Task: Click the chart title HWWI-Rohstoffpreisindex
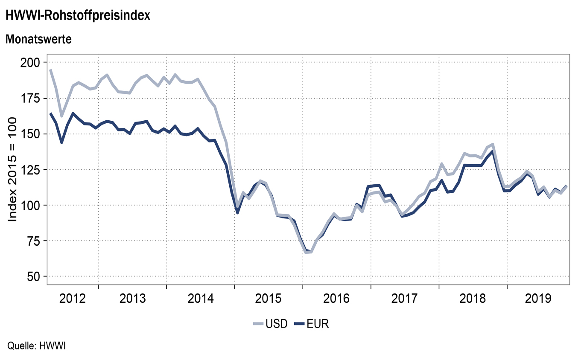click(x=77, y=16)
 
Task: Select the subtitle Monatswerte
click(x=38, y=40)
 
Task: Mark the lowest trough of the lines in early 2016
click(x=307, y=252)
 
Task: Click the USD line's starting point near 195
click(x=50, y=70)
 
